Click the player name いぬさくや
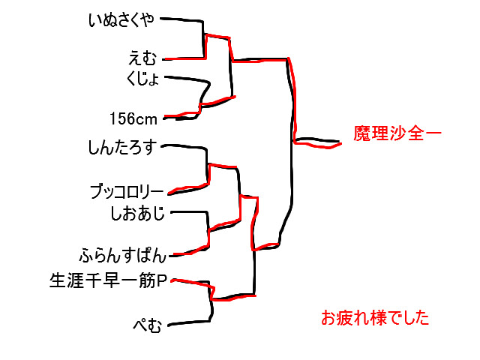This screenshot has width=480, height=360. (x=121, y=20)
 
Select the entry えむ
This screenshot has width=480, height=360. (x=143, y=58)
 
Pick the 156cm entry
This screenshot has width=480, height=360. (x=133, y=118)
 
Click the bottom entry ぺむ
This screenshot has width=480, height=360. (x=147, y=325)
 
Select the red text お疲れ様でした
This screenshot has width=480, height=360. (x=375, y=318)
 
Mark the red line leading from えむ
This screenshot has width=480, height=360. (x=184, y=58)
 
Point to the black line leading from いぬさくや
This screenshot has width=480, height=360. (x=184, y=19)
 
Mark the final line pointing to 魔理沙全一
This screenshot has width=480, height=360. (x=319, y=142)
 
